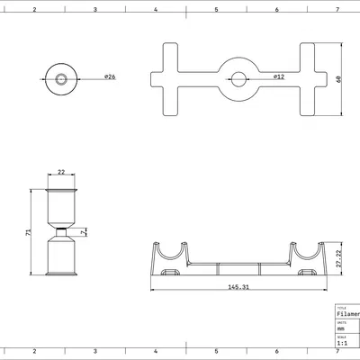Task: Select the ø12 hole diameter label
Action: (280, 78)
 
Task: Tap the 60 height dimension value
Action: (337, 78)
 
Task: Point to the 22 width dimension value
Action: (60, 171)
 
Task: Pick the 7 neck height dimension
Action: (83, 232)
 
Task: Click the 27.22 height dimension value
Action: (337, 258)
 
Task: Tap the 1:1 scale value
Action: (342, 343)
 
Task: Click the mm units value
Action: (340, 328)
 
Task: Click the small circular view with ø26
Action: (60, 78)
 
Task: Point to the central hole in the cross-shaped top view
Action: (239, 78)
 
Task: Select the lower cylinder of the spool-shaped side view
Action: (60, 256)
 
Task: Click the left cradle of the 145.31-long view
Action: (173, 256)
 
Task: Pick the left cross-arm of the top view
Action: (172, 78)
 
